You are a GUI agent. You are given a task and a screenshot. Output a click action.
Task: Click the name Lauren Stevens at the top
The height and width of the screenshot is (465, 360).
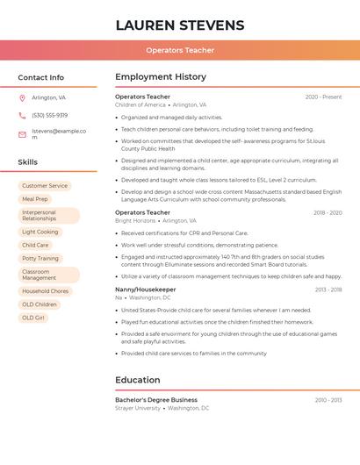[x=180, y=25]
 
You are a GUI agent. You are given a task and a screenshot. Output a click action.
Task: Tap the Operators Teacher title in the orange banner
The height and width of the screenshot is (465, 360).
[x=180, y=50]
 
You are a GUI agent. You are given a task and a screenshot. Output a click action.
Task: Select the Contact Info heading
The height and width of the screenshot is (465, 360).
[x=41, y=77]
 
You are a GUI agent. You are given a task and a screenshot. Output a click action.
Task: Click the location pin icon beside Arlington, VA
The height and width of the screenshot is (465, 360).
[x=23, y=97]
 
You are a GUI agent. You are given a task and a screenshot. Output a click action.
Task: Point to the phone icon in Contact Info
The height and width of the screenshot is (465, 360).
[x=23, y=115]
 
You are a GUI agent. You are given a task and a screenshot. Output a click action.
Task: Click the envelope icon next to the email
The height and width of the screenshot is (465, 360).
[x=23, y=134]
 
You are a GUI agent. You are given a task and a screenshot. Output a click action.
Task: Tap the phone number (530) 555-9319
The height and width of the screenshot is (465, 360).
[x=49, y=115]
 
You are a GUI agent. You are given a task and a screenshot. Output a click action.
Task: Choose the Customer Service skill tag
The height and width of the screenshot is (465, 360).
[x=45, y=186]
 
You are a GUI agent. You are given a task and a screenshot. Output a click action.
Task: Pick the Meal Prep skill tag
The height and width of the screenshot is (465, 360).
[x=35, y=199]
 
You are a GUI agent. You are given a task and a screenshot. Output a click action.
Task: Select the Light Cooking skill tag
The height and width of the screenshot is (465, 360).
[x=40, y=232]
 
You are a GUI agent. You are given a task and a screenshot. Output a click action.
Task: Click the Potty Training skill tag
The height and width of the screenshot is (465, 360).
[x=40, y=259]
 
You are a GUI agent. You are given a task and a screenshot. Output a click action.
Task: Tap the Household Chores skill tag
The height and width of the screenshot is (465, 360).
[x=45, y=291]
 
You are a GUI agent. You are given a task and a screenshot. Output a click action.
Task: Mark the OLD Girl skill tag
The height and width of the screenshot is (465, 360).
[x=33, y=318]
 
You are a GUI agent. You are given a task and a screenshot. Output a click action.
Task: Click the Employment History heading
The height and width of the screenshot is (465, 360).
[x=161, y=77]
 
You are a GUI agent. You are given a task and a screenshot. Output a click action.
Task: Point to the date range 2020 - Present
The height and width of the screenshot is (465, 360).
[x=323, y=97]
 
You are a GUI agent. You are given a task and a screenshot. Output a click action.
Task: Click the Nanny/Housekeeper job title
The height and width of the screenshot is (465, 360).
[x=146, y=290]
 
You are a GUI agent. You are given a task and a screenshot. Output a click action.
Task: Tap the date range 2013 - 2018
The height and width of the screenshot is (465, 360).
[x=328, y=290]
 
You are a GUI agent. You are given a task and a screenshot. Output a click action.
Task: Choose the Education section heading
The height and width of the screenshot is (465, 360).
[x=138, y=380]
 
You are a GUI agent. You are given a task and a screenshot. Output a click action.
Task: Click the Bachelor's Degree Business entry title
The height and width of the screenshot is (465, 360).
[x=156, y=400]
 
